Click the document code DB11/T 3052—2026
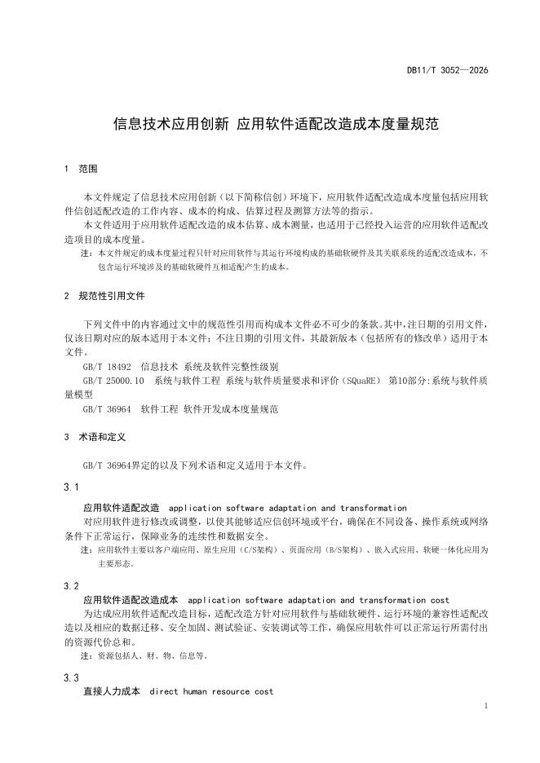447,71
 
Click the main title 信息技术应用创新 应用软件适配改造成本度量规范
276,125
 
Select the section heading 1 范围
81,170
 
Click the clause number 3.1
71,487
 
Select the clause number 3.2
71,586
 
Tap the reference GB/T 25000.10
113,381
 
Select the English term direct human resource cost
212,692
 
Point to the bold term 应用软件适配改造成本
130,600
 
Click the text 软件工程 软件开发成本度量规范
210,409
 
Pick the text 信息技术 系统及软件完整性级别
210,367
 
